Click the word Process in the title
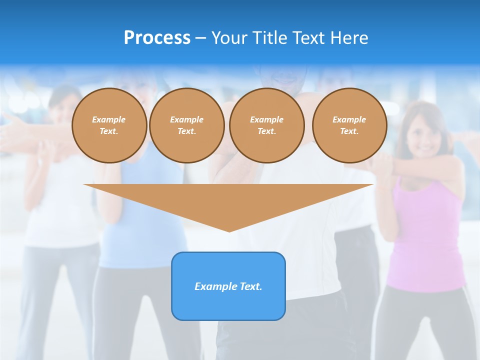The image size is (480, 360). [157, 38]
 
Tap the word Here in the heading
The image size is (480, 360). [348, 38]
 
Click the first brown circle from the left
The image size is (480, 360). [109, 125]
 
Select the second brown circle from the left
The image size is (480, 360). [187, 125]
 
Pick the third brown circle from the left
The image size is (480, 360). [267, 125]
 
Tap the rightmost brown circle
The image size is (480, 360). [349, 125]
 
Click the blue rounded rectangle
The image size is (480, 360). [228, 305]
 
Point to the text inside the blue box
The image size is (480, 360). [228, 286]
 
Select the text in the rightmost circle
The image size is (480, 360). [349, 125]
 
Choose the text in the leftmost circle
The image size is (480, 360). [109, 125]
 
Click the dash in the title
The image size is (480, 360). [201, 38]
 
